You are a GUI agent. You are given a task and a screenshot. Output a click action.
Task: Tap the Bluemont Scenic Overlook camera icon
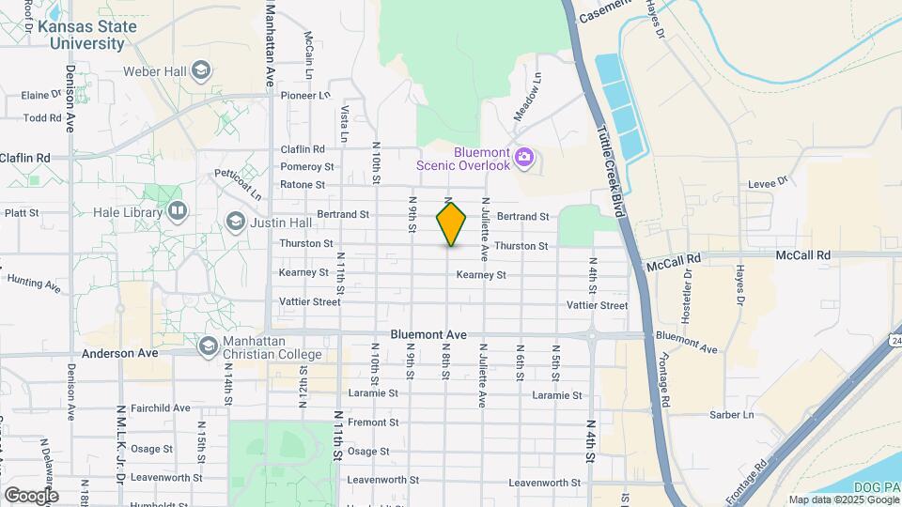pos(524,157)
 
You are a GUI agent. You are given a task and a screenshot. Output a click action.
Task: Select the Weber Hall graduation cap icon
pos(200,71)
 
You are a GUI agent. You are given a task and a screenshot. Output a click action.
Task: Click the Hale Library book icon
pos(176,211)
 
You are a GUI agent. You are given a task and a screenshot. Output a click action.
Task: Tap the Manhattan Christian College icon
pos(207,347)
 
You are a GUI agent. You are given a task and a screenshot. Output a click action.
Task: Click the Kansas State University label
pos(87,35)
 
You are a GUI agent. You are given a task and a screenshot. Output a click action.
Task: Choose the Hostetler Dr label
pos(687,297)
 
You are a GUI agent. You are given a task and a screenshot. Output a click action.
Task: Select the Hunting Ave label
pos(34,282)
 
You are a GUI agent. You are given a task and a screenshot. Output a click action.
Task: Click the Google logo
pos(31,495)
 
